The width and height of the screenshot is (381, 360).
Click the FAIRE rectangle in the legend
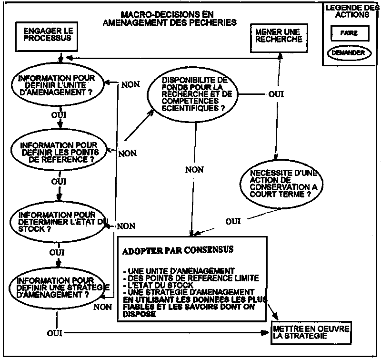(x=349, y=33)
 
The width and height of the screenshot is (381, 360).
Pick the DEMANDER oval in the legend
(x=349, y=53)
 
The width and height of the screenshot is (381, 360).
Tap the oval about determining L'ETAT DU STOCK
(x=58, y=221)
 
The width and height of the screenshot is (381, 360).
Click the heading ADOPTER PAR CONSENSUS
(x=178, y=249)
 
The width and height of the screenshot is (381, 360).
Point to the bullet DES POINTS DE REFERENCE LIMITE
(x=190, y=278)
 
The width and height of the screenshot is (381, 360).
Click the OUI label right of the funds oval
(x=276, y=94)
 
